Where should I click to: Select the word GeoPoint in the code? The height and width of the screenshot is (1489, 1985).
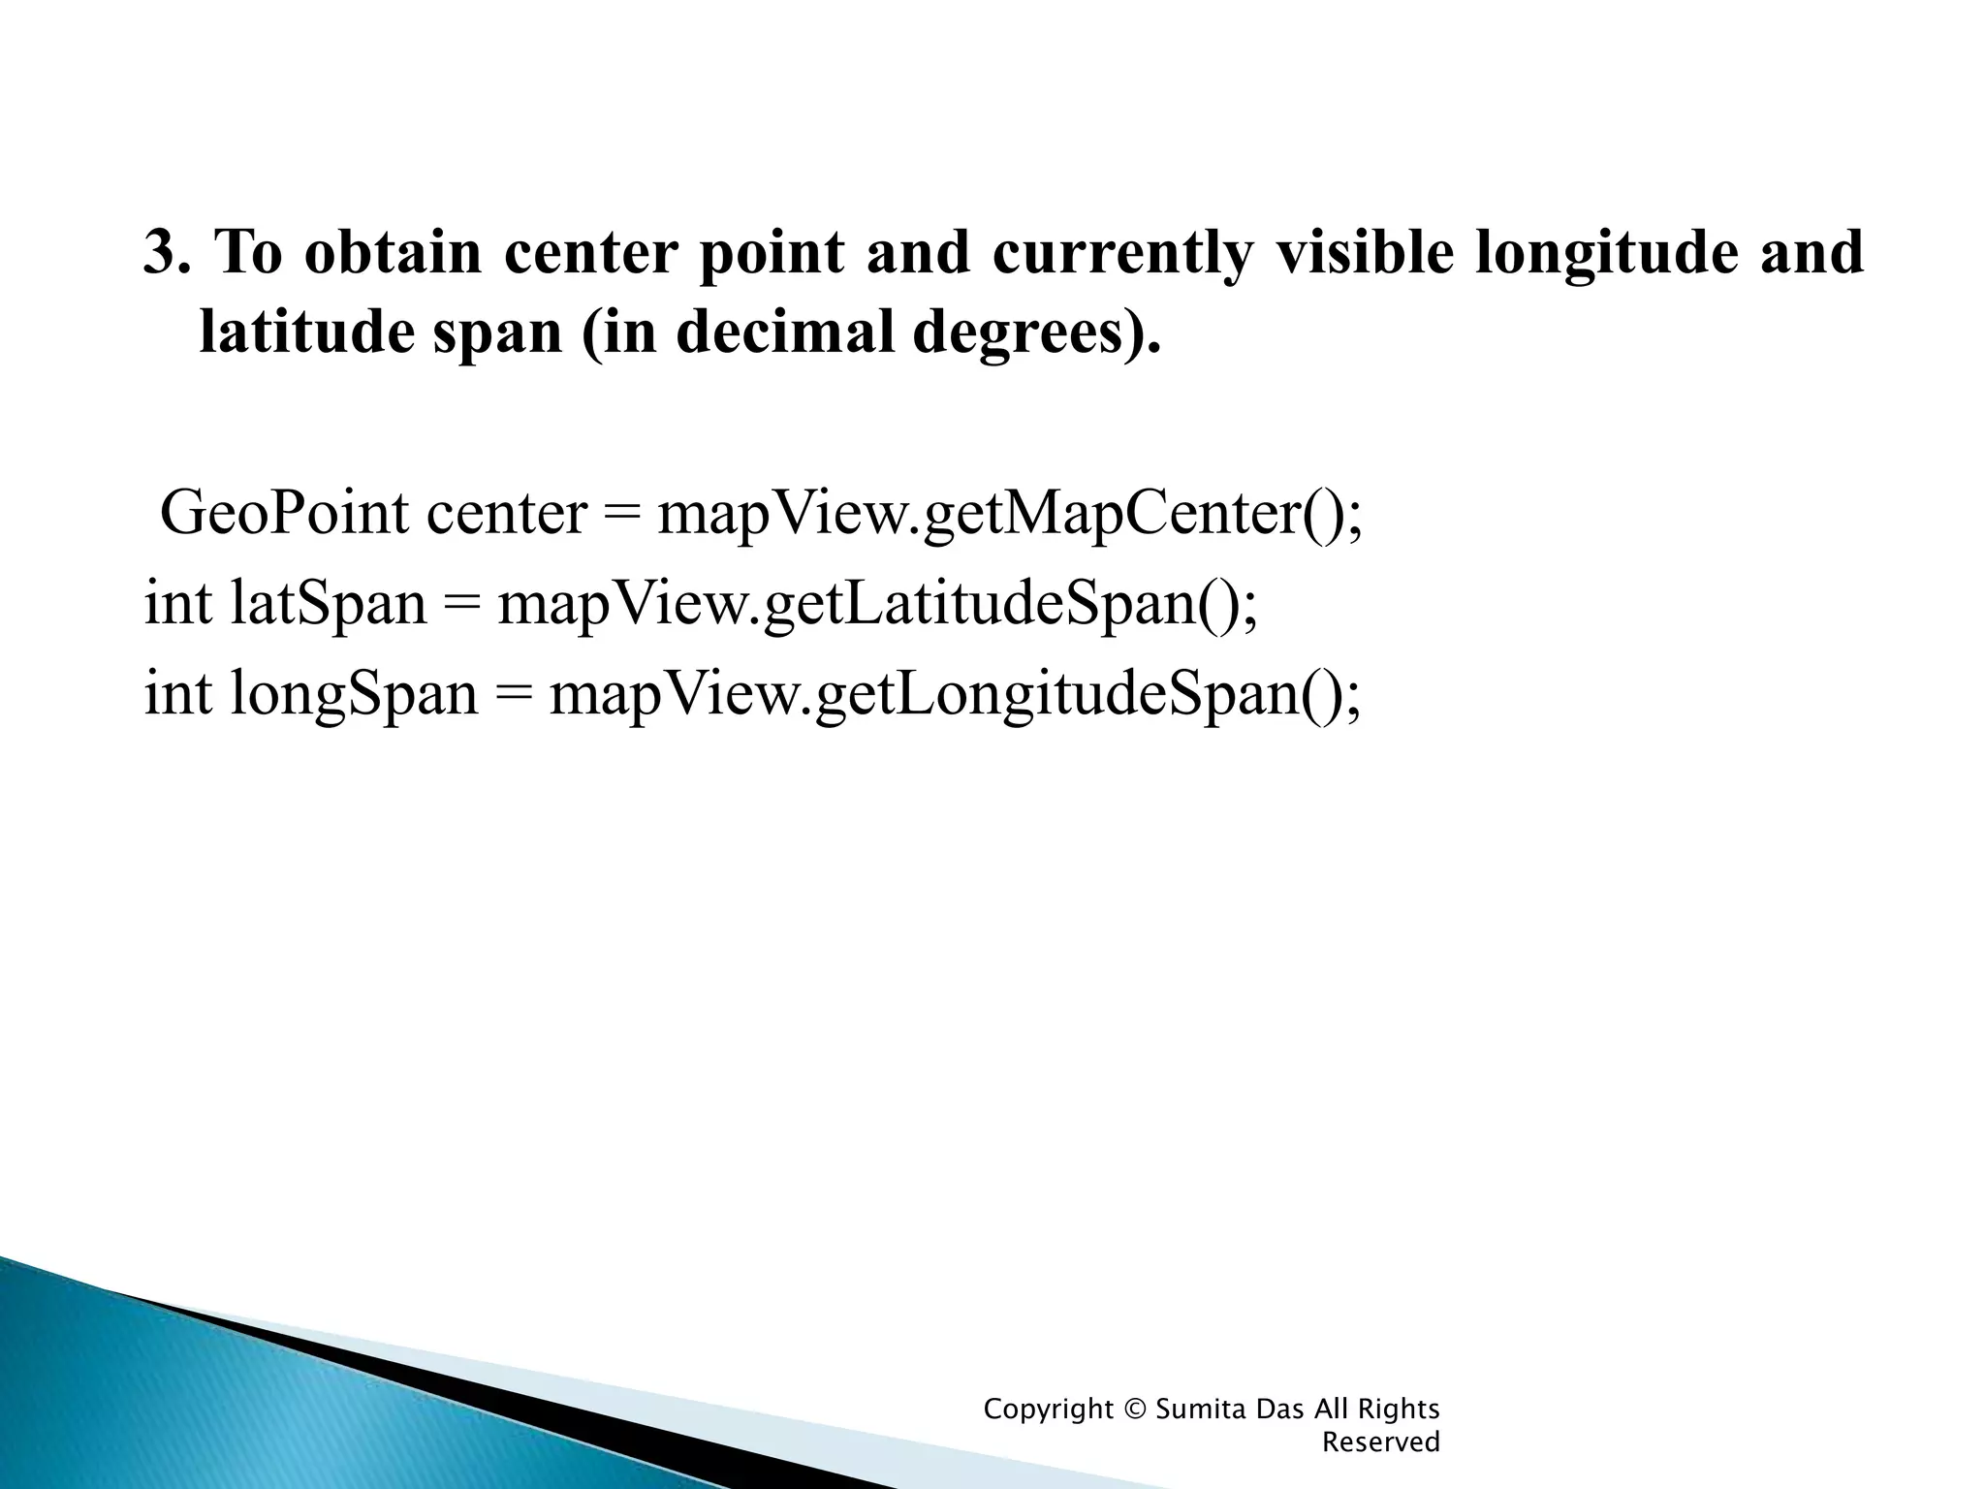tap(283, 514)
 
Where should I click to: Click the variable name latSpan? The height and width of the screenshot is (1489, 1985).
tap(328, 604)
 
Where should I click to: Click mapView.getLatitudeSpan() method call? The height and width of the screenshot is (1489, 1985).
tap(877, 604)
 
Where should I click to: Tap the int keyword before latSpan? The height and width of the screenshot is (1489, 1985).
tap(177, 604)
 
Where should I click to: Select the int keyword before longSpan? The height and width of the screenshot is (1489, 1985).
tap(177, 694)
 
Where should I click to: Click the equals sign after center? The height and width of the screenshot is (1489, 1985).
tap(621, 514)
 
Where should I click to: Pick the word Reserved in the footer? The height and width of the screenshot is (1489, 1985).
tap(1381, 1442)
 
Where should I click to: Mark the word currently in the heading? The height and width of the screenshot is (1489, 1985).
tap(1121, 254)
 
